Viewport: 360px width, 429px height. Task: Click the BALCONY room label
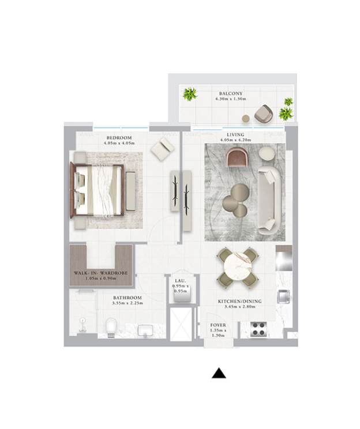231,93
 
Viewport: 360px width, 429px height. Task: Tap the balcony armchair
264,114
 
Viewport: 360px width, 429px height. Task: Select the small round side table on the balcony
246,118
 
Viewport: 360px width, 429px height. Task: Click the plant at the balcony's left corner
190,94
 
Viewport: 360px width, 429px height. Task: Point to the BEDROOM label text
119,138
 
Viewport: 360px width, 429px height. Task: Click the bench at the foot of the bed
131,191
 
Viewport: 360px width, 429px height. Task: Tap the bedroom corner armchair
163,149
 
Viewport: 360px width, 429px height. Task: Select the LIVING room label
235,134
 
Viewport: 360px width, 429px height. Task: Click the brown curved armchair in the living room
238,157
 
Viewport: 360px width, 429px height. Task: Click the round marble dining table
238,266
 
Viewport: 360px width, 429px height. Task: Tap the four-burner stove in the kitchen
258,329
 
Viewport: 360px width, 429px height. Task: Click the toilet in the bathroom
111,327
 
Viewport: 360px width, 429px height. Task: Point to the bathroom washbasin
145,330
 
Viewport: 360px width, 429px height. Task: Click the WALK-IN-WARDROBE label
101,273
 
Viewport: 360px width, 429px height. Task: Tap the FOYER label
218,325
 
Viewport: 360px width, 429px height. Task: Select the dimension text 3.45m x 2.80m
240,307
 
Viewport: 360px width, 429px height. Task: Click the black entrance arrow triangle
219,374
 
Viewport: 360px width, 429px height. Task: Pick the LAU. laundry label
181,281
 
